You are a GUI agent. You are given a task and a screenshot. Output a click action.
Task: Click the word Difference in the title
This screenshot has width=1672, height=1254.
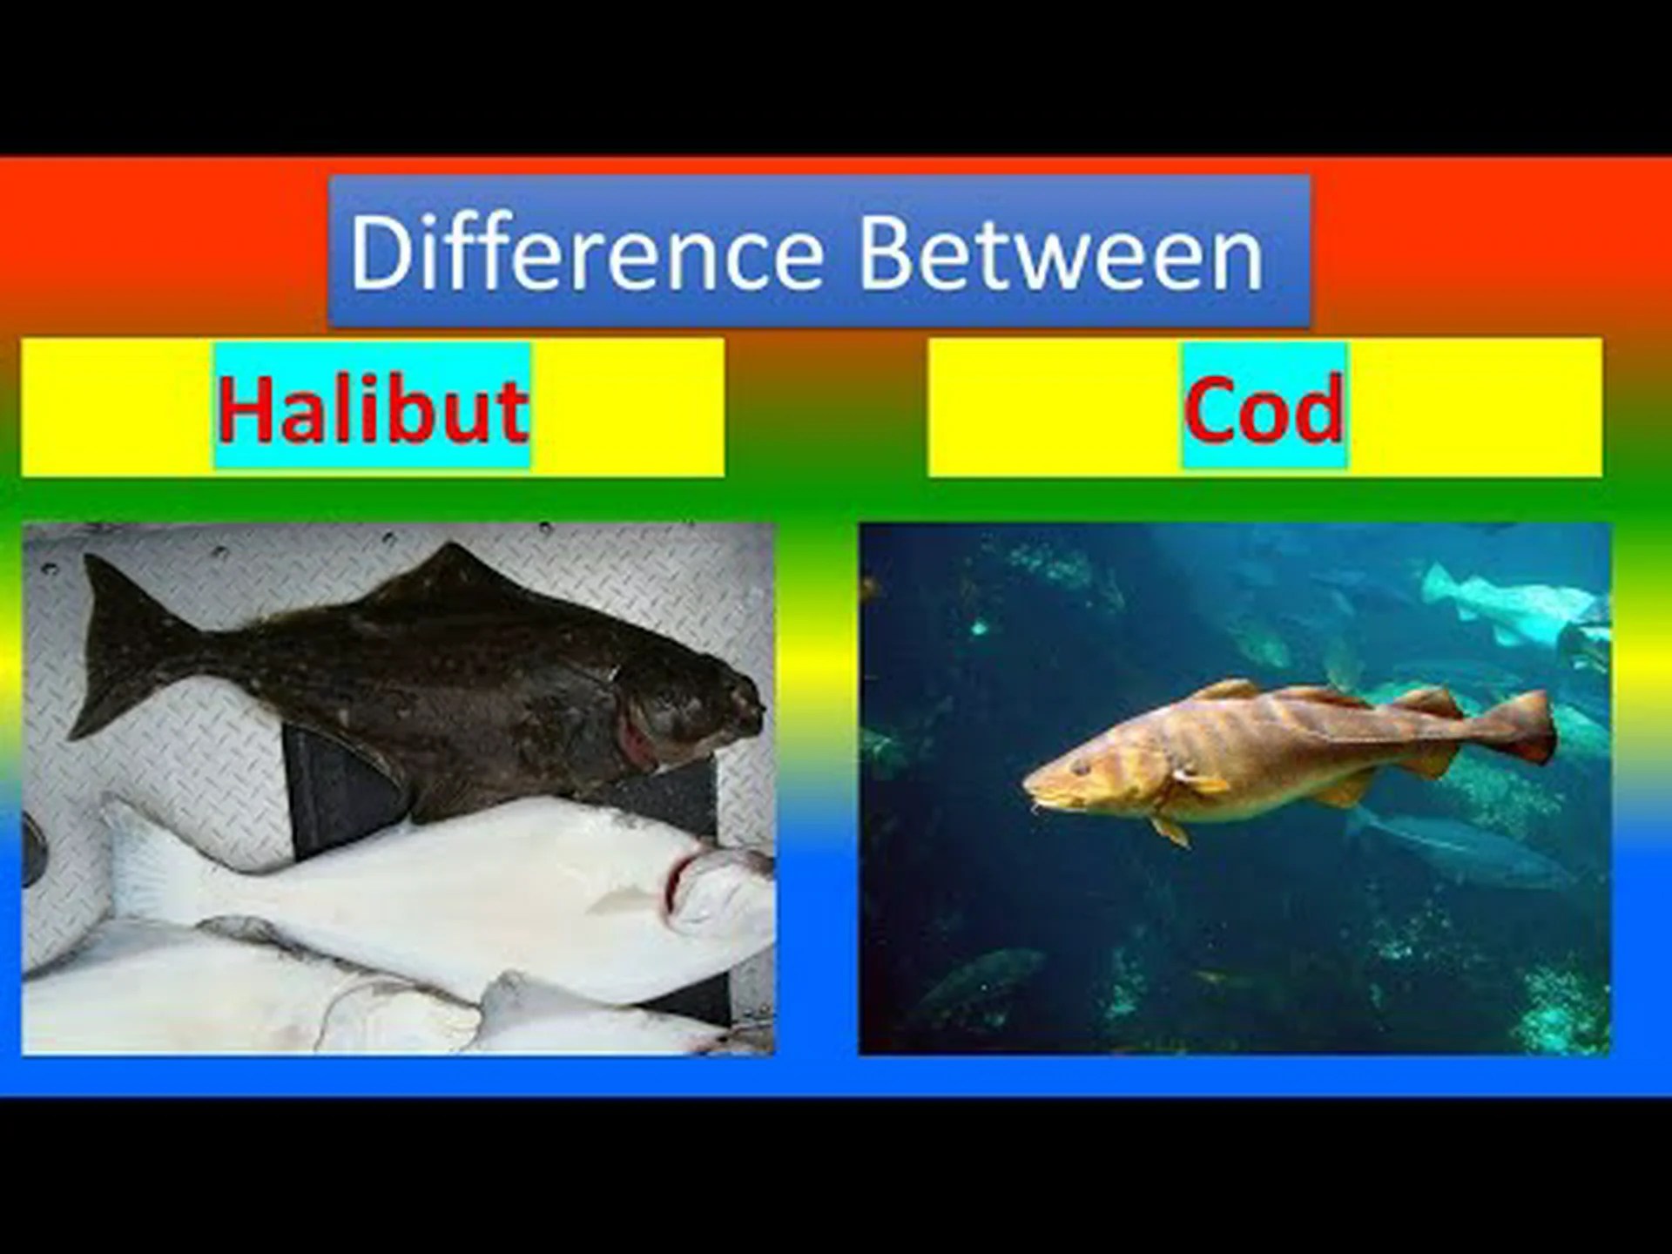[586, 252]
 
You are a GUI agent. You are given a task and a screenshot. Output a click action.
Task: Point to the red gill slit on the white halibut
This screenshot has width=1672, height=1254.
[675, 880]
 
